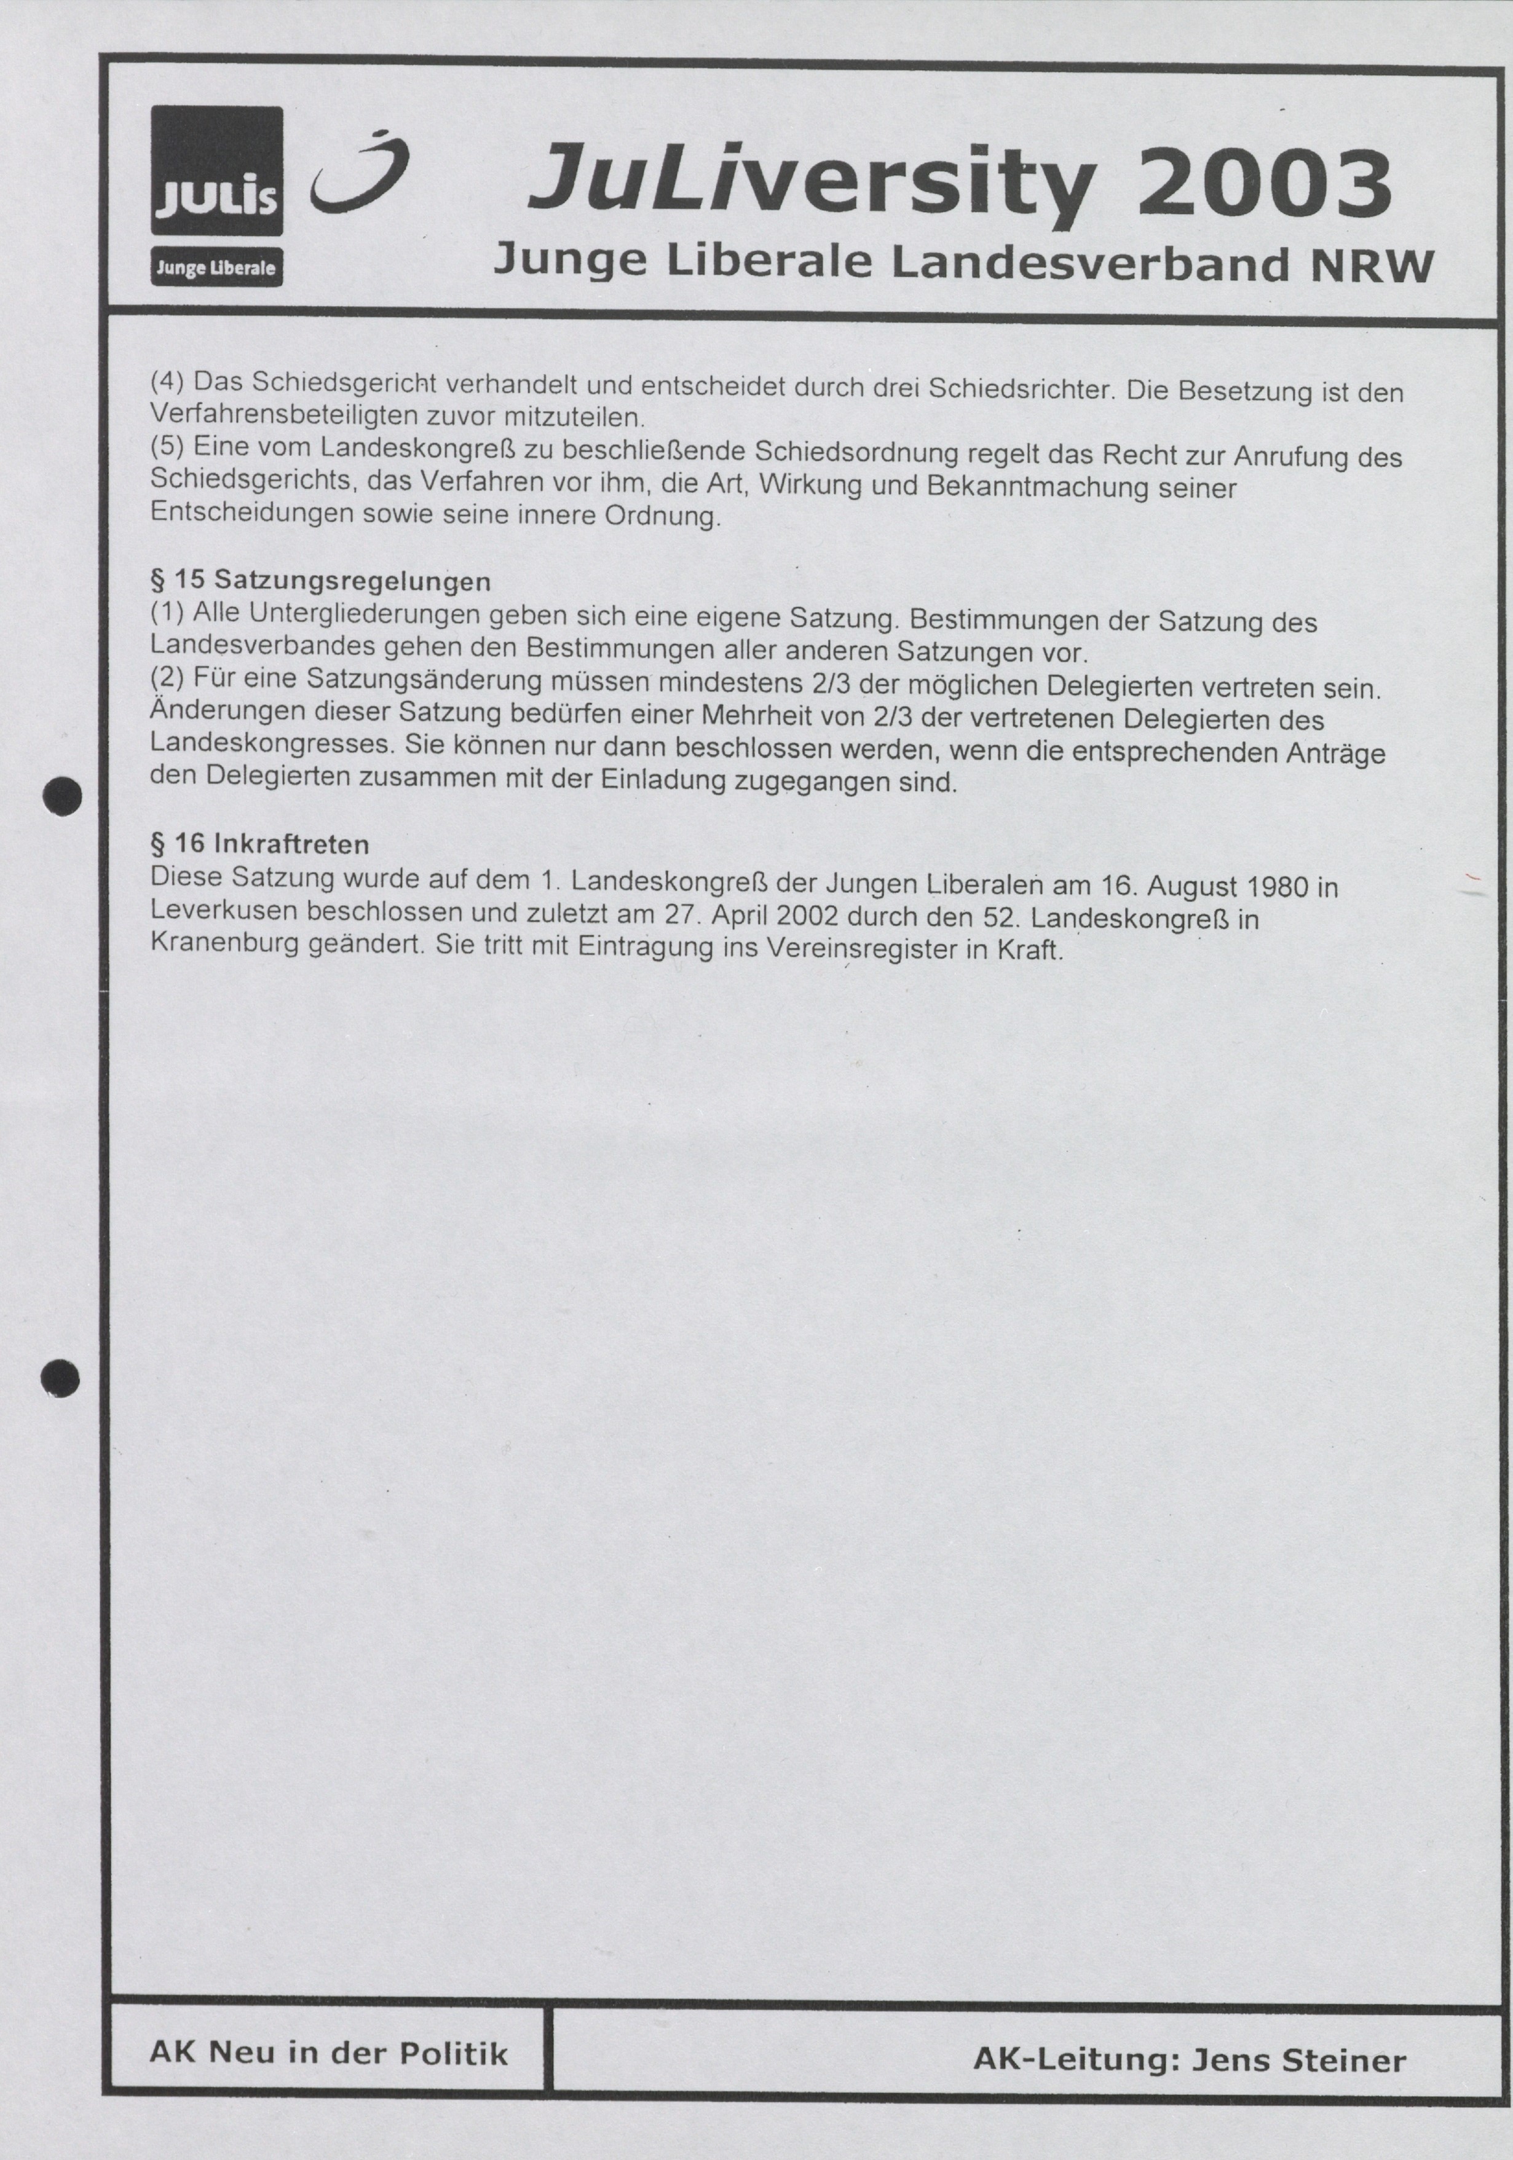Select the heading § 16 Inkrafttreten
point(259,843)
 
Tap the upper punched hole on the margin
point(64,796)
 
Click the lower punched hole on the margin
point(61,1379)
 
